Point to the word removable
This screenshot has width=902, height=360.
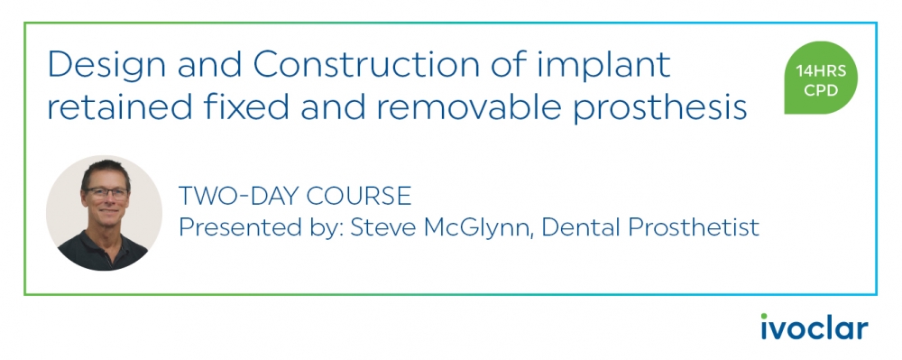[483, 108]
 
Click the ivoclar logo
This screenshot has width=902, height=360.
[814, 327]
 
